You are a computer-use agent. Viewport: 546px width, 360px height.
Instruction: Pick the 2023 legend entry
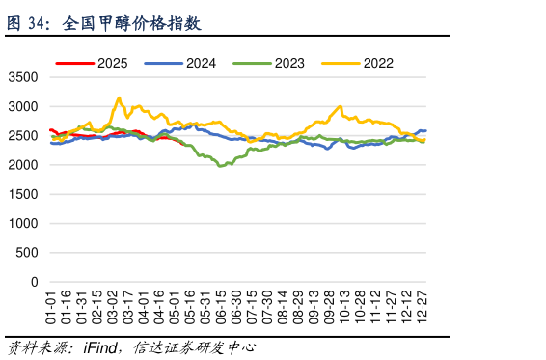(280, 63)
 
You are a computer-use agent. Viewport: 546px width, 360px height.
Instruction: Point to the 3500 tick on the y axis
(23, 77)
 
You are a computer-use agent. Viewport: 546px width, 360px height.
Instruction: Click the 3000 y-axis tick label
(23, 106)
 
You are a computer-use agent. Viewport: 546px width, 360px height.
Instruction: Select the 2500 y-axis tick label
(23, 136)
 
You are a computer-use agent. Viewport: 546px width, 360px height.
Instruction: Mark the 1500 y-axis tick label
(23, 195)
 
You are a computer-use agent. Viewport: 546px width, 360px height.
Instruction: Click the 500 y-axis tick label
(27, 254)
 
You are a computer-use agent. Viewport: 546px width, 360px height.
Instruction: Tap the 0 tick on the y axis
(34, 283)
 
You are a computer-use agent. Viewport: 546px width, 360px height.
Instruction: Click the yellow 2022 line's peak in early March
(119, 97)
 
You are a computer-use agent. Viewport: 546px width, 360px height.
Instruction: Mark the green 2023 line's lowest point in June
(221, 166)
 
